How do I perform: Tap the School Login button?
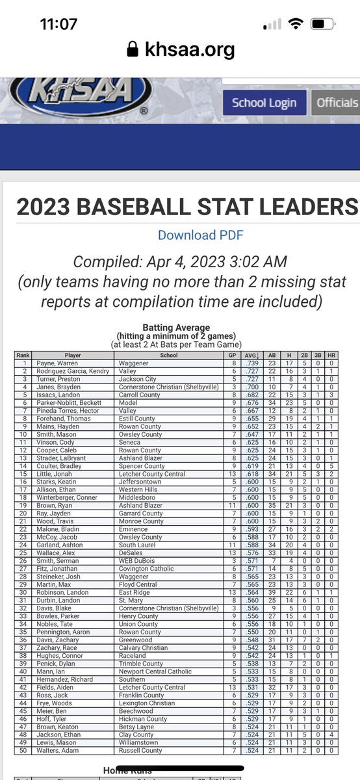264,103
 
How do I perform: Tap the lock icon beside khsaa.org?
133,49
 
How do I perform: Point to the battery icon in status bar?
322,25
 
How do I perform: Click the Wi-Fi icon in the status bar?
296,25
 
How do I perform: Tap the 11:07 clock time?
58,25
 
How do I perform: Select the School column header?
168,356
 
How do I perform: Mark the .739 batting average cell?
250,363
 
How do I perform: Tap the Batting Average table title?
175,328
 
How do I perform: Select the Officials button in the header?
337,103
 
